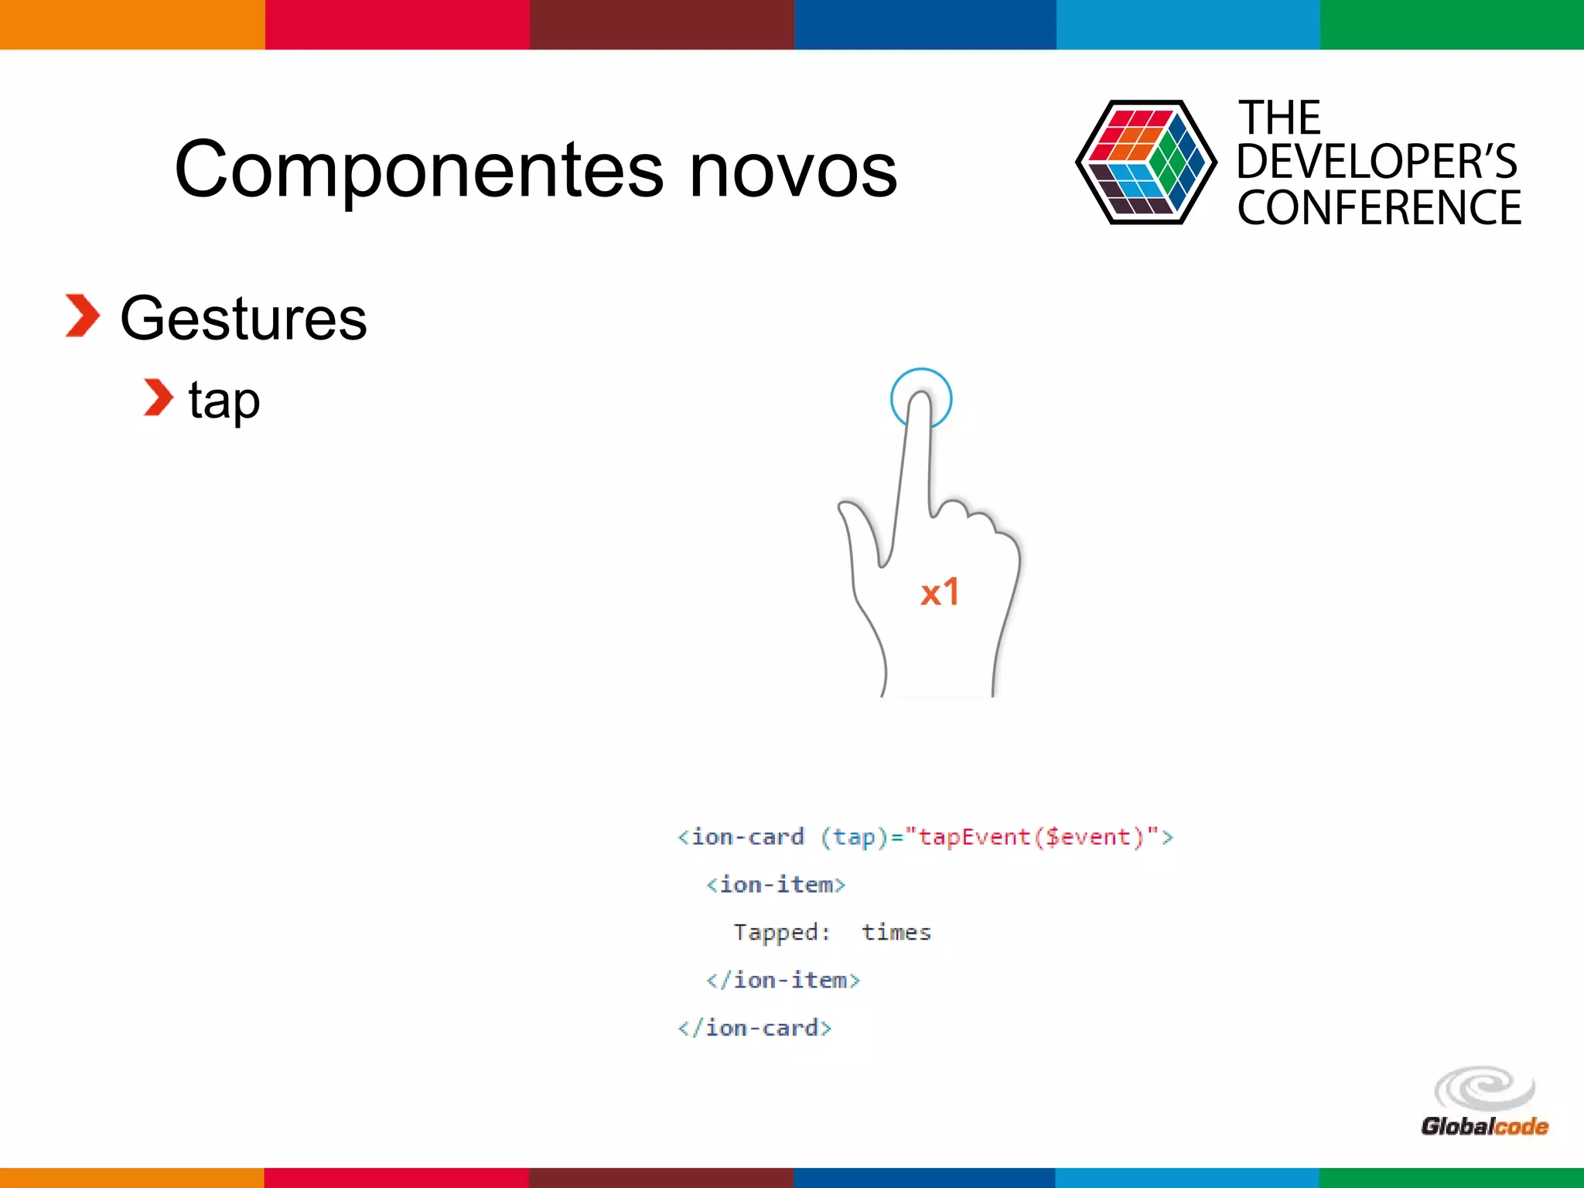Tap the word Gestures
click(244, 319)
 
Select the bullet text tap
click(224, 401)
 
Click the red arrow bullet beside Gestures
click(82, 316)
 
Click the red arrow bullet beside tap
click(159, 398)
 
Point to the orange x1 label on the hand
click(940, 593)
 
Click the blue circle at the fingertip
click(920, 383)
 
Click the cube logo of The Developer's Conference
click(1145, 162)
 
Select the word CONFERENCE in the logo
click(1378, 208)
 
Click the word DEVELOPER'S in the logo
click(1377, 162)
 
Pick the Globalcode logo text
click(1483, 1127)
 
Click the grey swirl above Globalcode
click(1483, 1087)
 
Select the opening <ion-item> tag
click(776, 885)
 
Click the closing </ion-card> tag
click(755, 1028)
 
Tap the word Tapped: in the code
click(781, 933)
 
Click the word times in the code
click(896, 933)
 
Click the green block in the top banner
click(1452, 25)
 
